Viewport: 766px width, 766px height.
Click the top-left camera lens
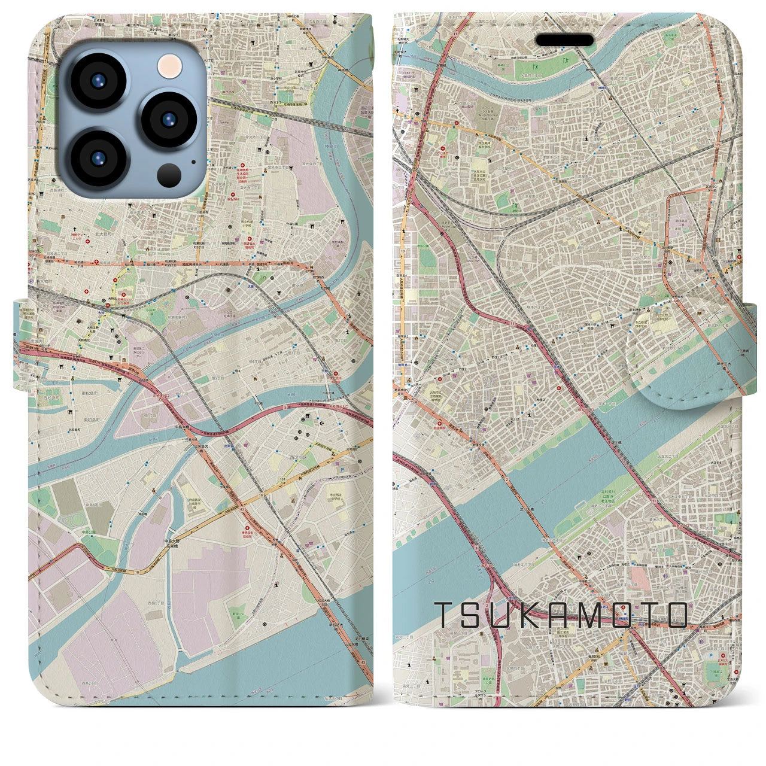click(96, 81)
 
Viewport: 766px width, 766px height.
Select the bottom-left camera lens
click(96, 158)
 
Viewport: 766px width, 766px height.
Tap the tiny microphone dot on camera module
click(193, 161)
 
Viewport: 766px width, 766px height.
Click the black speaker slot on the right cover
click(564, 40)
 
